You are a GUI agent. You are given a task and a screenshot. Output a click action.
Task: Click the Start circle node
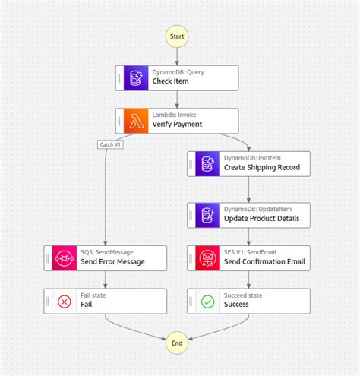pos(177,36)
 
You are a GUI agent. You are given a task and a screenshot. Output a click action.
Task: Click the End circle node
pos(177,343)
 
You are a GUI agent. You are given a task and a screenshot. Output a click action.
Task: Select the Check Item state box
pos(177,77)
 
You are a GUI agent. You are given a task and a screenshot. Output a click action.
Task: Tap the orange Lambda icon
pos(135,121)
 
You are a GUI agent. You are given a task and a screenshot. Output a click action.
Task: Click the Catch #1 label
pos(111,144)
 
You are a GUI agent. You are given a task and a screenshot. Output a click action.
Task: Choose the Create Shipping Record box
pos(248,163)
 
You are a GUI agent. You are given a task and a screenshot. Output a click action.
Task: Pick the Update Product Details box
pos(248,214)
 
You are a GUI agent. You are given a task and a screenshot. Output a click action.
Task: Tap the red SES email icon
pos(207,257)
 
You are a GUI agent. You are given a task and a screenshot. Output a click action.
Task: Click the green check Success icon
pos(207,301)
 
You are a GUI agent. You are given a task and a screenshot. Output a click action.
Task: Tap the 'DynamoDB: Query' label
pos(177,72)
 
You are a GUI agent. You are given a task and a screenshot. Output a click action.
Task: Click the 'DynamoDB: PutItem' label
pos(251,157)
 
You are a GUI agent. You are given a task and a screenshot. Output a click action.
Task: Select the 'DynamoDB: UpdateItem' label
pos(256,209)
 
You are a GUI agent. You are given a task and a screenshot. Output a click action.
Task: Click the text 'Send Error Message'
pos(112,262)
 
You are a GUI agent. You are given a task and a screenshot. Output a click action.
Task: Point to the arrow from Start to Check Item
pos(177,55)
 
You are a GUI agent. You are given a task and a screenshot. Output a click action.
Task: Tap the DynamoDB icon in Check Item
pos(135,77)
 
